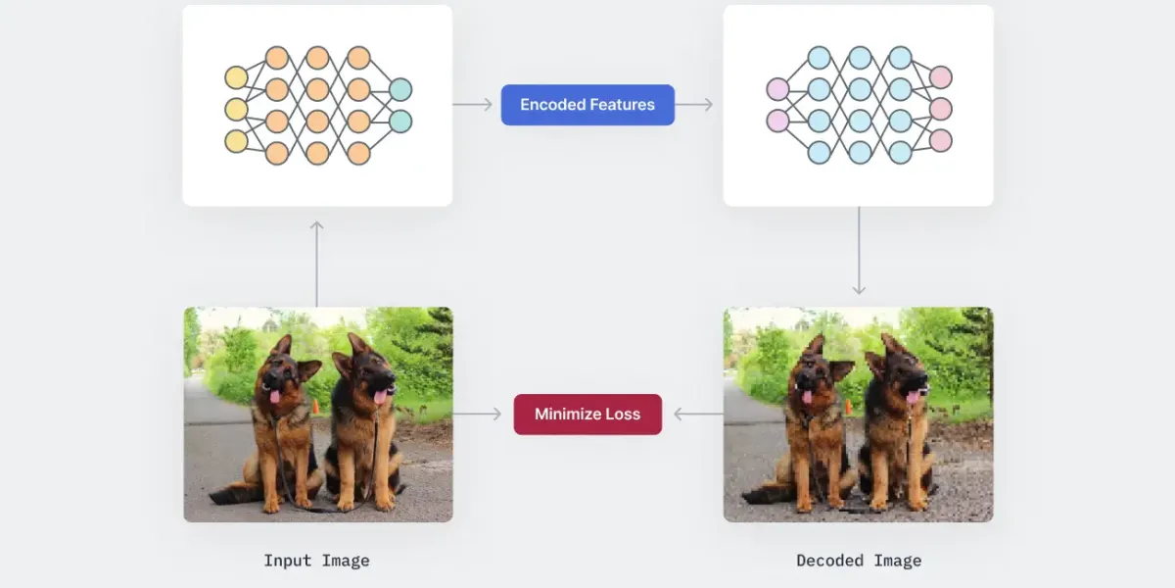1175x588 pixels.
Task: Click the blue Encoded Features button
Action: click(587, 105)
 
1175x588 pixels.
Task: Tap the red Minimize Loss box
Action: click(587, 415)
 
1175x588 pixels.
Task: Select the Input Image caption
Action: click(316, 562)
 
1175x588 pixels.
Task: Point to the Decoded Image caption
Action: click(859, 562)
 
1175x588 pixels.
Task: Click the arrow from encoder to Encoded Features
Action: click(473, 105)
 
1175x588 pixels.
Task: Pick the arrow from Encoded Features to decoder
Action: click(694, 105)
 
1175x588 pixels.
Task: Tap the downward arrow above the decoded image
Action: click(859, 251)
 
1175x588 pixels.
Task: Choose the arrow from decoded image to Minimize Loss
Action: click(698, 415)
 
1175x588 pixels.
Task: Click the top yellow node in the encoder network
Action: click(236, 77)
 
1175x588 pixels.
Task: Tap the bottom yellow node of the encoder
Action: click(236, 141)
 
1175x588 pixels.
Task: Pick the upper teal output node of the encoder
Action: click(400, 89)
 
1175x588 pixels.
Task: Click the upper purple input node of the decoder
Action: click(777, 89)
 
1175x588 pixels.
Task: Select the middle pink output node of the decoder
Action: click(940, 109)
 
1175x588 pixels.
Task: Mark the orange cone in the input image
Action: click(315, 406)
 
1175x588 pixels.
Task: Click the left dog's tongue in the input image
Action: click(275, 396)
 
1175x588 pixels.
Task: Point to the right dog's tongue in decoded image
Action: click(913, 396)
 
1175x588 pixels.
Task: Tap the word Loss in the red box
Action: click(621, 415)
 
